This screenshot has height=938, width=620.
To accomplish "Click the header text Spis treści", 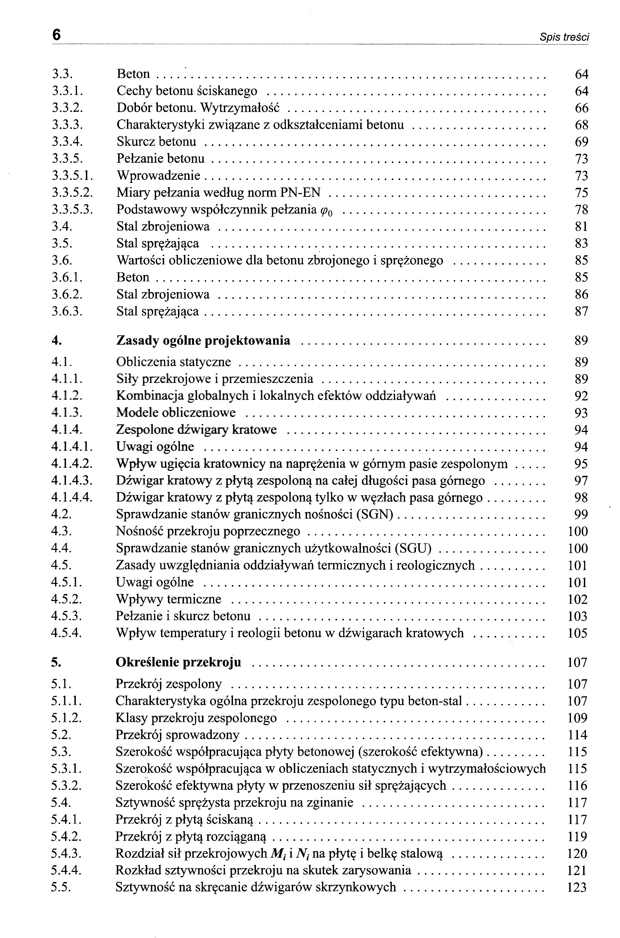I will (x=564, y=38).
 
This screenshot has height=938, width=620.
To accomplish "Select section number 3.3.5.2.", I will (x=72, y=193).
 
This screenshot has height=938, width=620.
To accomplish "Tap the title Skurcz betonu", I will (x=156, y=142).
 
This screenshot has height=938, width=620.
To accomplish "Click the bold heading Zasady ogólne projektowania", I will (x=203, y=340).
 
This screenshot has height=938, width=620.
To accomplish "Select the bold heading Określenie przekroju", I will (x=178, y=662).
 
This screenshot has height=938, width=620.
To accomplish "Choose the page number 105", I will (x=578, y=633).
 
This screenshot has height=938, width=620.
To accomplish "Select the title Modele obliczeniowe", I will (x=176, y=413).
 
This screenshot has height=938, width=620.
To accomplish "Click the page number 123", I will (x=577, y=887).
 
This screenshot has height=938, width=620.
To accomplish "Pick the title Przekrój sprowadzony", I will (x=178, y=735).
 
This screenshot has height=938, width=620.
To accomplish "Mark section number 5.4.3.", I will (x=66, y=853).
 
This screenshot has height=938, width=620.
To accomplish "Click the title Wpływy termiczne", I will (x=168, y=599).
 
